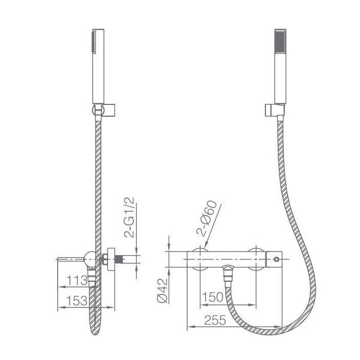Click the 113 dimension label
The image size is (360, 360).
77,281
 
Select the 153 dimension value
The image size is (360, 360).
77,300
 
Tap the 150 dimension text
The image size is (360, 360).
212,297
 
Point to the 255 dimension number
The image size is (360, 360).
215,320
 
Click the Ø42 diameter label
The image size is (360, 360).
163,291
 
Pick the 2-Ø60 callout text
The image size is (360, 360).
206,219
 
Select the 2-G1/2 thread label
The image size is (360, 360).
129,217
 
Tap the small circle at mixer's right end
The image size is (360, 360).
277,259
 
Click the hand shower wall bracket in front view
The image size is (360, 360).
275,110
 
